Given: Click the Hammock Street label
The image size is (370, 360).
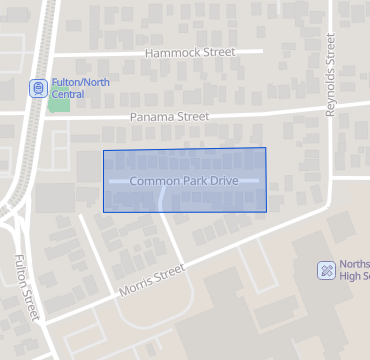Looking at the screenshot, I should tap(189, 52).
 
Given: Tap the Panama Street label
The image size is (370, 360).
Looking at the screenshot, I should tap(169, 117).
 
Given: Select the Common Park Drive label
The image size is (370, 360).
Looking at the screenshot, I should tap(184, 181).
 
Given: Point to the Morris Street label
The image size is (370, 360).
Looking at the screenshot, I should tap(152, 279).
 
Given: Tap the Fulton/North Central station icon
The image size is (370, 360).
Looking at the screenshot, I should tap(37, 88).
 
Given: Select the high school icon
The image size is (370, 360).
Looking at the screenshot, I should tap(325, 270).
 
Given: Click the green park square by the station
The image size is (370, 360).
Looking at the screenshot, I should tap(59, 103).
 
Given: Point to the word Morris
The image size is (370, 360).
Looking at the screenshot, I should tap(138, 286).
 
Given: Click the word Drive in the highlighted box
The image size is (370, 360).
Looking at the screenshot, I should tap(224, 181).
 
